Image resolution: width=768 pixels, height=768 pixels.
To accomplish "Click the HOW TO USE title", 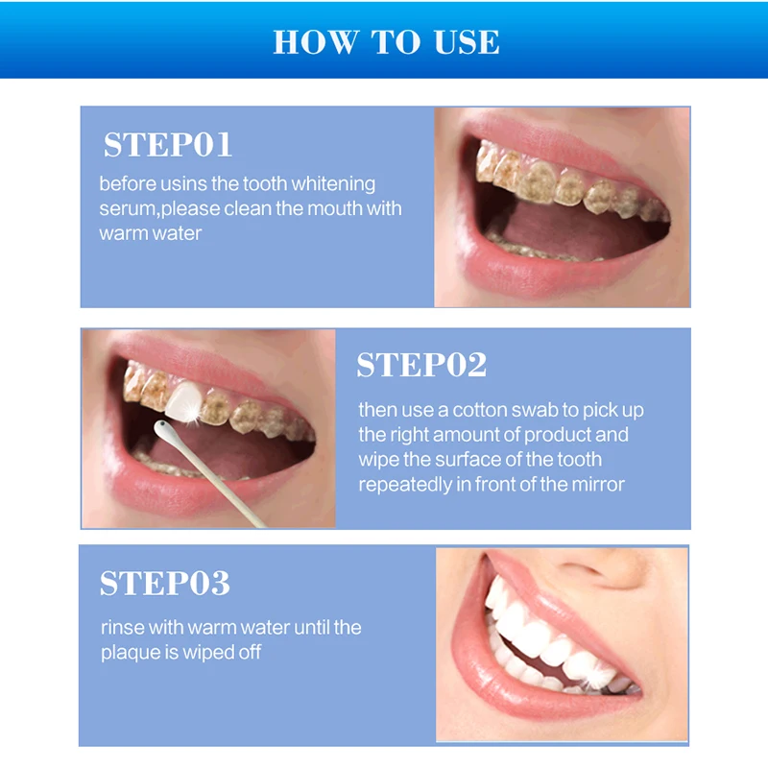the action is (387, 41).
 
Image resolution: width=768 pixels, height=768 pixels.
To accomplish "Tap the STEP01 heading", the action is (167, 145).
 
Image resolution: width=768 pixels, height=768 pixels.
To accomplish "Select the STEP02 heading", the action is (421, 365).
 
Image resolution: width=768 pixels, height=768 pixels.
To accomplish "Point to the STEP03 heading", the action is (164, 583).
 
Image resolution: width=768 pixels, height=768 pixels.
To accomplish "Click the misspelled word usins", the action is (184, 184).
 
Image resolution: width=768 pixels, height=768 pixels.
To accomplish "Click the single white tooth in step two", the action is (183, 400).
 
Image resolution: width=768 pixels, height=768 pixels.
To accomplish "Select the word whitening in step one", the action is (333, 184).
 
